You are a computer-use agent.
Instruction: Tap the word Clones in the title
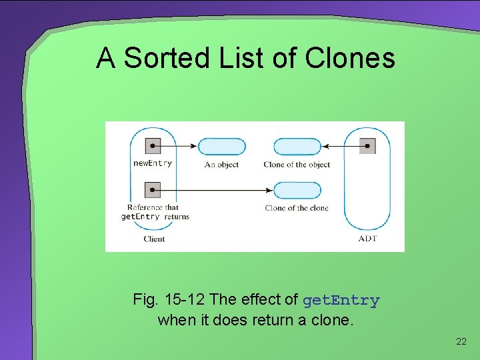[x=350, y=58]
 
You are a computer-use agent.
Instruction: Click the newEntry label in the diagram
[x=153, y=163]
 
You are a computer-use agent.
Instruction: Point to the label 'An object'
[x=221, y=165]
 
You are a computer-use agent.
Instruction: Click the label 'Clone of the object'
[x=297, y=165]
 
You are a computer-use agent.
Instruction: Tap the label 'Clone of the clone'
[x=297, y=208]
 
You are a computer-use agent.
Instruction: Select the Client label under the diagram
[x=154, y=239]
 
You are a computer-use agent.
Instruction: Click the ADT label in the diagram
[x=367, y=239]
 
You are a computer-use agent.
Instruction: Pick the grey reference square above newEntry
[x=153, y=146]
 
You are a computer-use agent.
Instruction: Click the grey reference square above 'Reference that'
[x=153, y=191]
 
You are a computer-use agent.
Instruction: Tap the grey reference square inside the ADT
[x=367, y=146]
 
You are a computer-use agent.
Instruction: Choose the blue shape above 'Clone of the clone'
[x=297, y=191]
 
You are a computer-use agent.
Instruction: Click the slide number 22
[x=461, y=342]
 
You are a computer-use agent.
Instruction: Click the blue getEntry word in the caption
[x=341, y=301]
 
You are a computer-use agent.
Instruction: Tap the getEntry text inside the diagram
[x=140, y=217]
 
